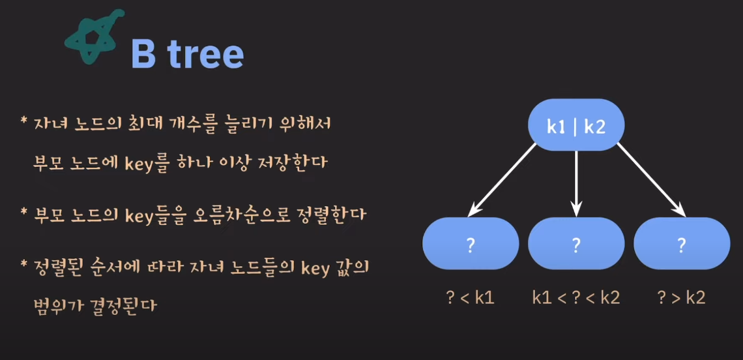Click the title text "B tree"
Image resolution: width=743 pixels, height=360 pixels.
187,54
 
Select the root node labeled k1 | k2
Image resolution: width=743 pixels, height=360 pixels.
576,126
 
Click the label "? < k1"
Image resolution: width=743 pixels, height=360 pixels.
471,297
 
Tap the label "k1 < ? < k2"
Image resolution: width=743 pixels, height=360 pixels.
576,297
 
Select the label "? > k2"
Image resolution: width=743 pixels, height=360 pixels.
681,297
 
